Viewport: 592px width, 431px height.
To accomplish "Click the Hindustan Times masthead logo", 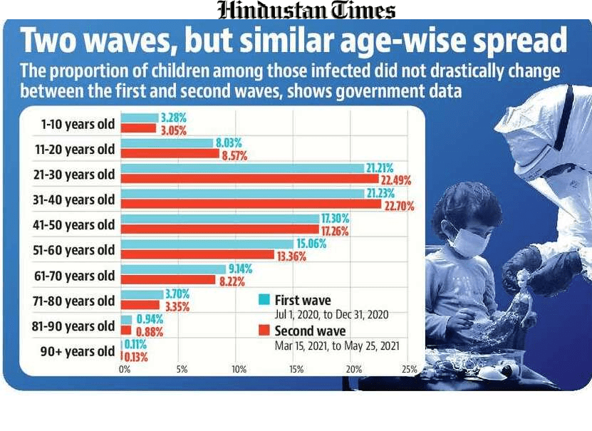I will click(x=306, y=10).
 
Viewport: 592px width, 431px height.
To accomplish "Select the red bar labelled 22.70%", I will click(x=251, y=205).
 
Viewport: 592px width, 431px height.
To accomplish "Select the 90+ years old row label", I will click(x=78, y=351).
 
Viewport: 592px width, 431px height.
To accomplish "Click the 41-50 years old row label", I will click(x=78, y=225).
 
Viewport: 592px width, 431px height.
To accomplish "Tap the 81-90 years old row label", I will click(x=78, y=326).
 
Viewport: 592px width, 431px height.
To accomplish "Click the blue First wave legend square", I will click(x=264, y=300).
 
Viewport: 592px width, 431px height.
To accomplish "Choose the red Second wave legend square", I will click(x=264, y=331).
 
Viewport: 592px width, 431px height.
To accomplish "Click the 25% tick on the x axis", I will click(x=410, y=370).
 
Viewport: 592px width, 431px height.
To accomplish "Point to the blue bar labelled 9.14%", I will click(x=168, y=269).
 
